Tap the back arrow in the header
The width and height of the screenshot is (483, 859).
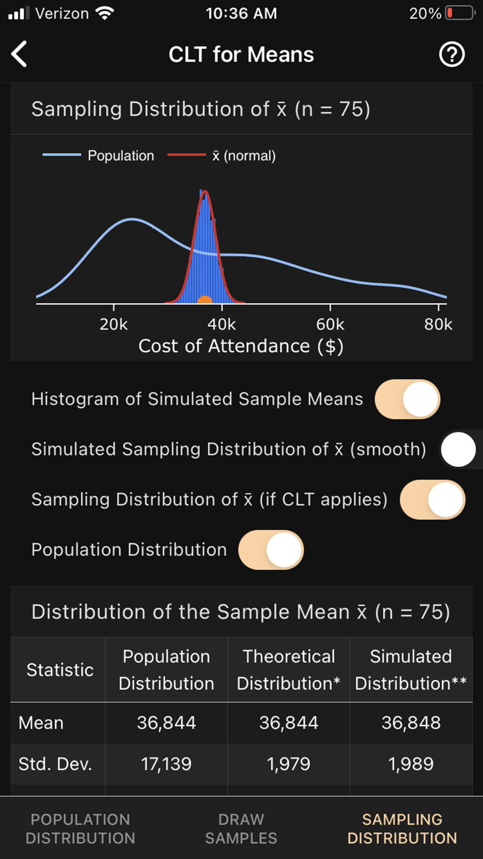(19, 54)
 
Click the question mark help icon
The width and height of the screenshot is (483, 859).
(452, 54)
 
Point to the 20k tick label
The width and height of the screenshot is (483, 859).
(114, 324)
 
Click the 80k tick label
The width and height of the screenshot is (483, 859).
(438, 324)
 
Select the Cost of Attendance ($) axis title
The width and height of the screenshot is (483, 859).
(241, 346)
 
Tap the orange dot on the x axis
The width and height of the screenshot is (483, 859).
(205, 301)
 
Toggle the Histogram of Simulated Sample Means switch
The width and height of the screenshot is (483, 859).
(407, 399)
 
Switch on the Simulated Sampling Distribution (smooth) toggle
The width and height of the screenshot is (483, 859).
(459, 449)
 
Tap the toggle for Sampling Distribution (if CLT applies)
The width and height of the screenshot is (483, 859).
(432, 500)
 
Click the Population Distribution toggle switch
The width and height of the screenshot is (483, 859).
(271, 550)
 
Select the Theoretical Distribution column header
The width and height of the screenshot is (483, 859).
(288, 670)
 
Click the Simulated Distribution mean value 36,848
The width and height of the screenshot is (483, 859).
(411, 723)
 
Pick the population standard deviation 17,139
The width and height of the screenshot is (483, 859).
(166, 764)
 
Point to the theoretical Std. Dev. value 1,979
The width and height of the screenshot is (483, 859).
(288, 764)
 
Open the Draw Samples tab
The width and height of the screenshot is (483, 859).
(241, 829)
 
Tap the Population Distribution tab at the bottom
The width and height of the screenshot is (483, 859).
(80, 829)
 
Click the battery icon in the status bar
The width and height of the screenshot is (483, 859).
(460, 13)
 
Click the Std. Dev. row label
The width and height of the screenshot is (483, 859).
(55, 764)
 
